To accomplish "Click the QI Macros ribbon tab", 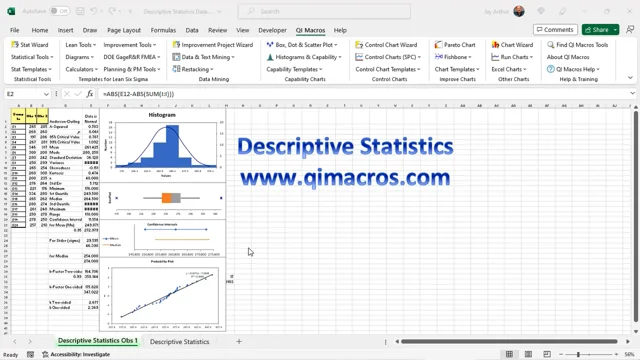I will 307,30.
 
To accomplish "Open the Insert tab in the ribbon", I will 65,30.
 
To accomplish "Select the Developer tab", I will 272,30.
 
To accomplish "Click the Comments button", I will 554,30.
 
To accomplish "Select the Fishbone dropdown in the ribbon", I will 456,57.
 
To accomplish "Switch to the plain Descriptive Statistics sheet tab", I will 180,342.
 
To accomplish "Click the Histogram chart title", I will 162,115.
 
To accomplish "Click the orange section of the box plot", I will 166,199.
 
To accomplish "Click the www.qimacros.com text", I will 344,178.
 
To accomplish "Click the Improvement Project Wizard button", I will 215,45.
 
